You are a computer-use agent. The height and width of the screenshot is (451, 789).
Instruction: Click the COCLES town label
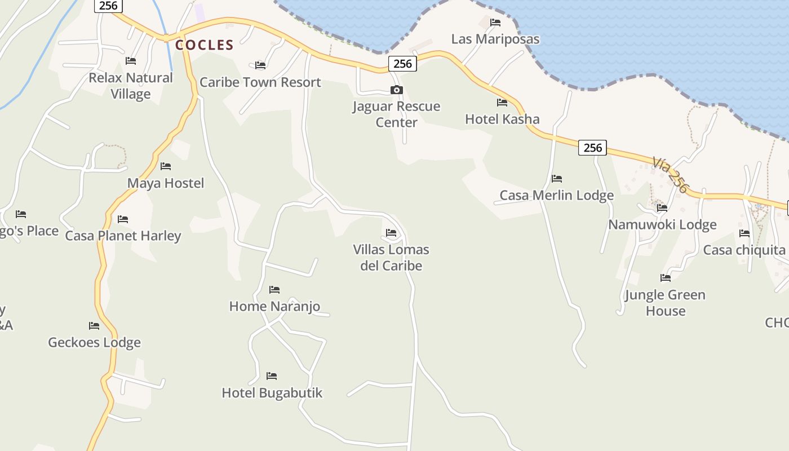point(204,45)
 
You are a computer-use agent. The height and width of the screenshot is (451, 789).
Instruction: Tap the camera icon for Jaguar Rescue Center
point(397,90)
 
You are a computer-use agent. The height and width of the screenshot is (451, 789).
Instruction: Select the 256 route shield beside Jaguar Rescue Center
point(402,64)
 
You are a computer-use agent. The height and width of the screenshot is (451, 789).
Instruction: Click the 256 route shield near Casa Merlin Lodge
point(592,148)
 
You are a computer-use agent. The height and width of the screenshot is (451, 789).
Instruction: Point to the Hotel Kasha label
point(502,119)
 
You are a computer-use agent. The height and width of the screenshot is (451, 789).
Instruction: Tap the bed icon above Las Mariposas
point(495,23)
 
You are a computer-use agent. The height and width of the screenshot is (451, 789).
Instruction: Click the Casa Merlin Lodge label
point(556,196)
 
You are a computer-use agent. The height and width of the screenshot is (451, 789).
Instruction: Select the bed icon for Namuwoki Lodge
point(662,208)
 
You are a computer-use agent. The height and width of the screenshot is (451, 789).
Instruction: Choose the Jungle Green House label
point(665,303)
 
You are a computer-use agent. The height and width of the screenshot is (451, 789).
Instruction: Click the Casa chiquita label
point(744,250)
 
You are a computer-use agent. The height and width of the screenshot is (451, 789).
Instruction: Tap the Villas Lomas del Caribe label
point(391,258)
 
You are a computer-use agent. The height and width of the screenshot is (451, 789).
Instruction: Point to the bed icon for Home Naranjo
point(274,290)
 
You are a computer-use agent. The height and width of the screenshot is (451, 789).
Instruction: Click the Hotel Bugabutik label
point(272,393)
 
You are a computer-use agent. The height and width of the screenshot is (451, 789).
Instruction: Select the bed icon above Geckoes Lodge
point(94,326)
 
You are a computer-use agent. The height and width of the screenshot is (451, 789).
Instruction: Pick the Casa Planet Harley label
point(123,236)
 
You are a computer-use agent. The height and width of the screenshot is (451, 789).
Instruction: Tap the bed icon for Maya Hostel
point(166,166)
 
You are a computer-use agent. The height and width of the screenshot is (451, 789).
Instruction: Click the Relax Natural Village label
point(131,86)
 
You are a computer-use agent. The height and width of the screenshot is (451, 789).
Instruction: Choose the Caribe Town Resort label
point(260,82)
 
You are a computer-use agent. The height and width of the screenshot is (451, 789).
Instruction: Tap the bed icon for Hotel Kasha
point(502,103)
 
